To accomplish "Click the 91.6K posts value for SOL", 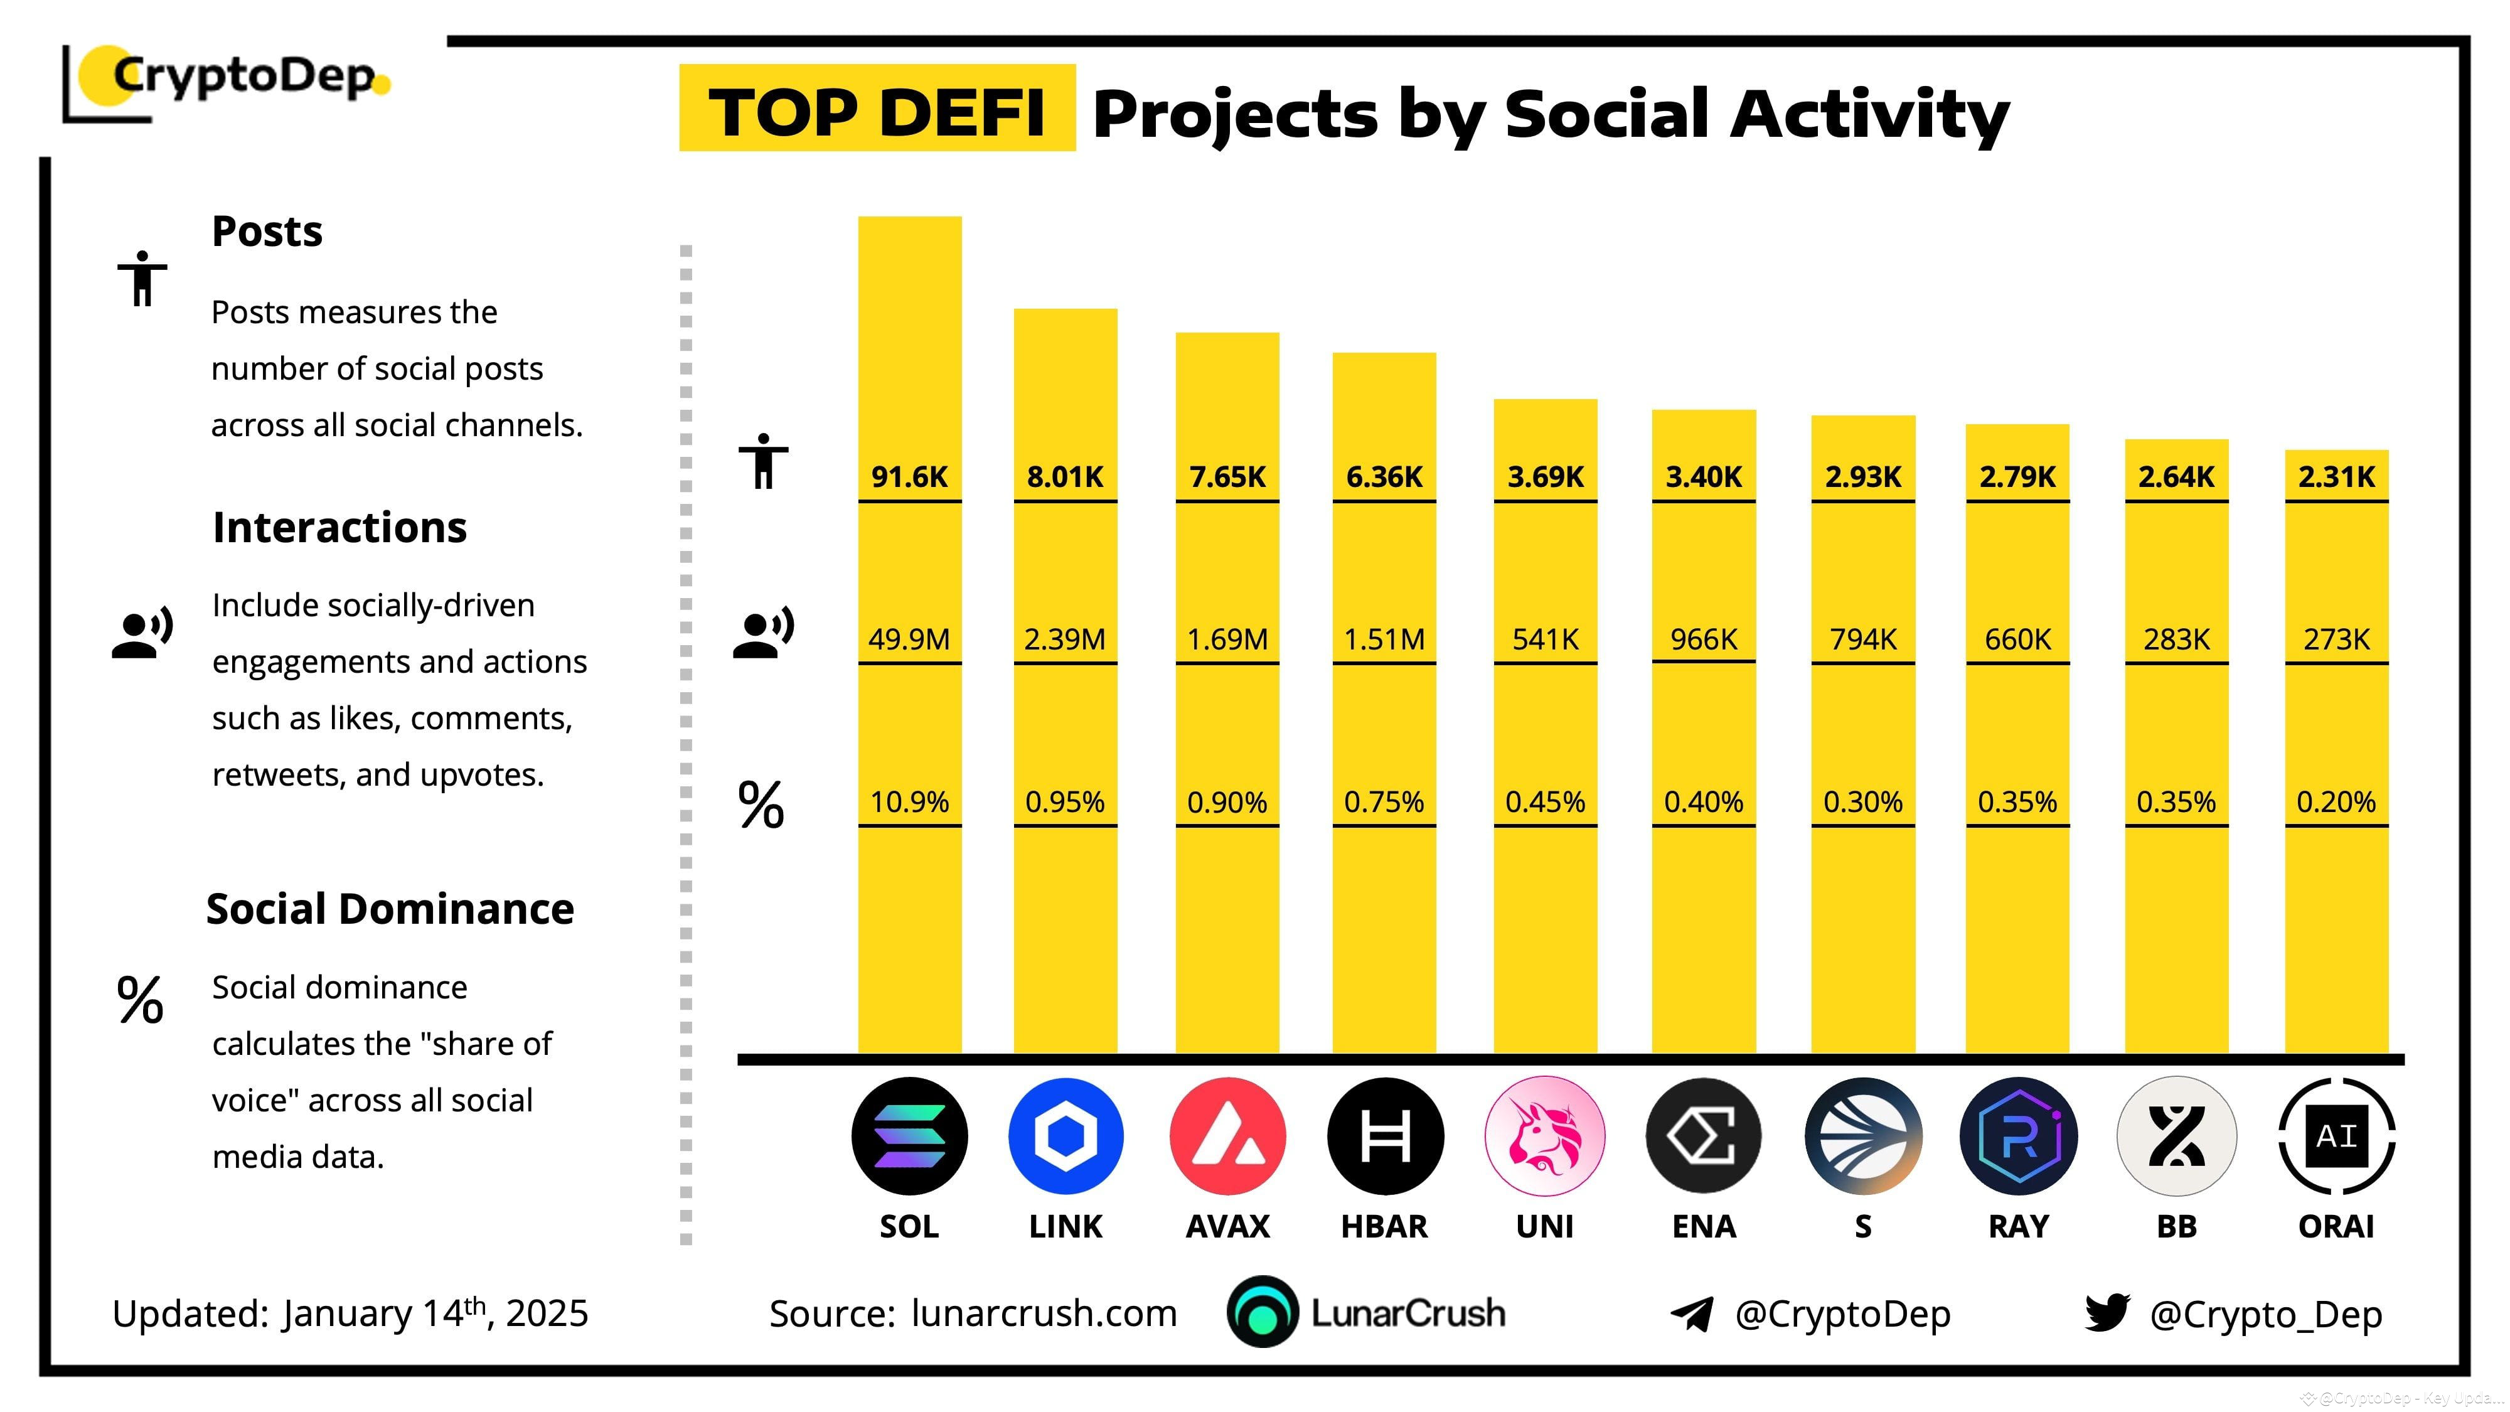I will tap(909, 476).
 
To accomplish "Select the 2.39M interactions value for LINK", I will tap(1064, 639).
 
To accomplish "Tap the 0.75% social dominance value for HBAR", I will tap(1384, 802).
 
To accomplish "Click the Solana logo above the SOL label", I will tap(909, 1137).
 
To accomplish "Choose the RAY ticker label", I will tap(2018, 1226).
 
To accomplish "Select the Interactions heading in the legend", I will tap(339, 527).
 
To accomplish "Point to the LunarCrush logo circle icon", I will tap(1262, 1313).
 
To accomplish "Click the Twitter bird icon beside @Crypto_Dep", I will tap(2107, 1313).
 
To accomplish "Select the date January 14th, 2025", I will tap(435, 1313).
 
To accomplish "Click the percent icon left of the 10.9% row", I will tap(761, 805).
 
